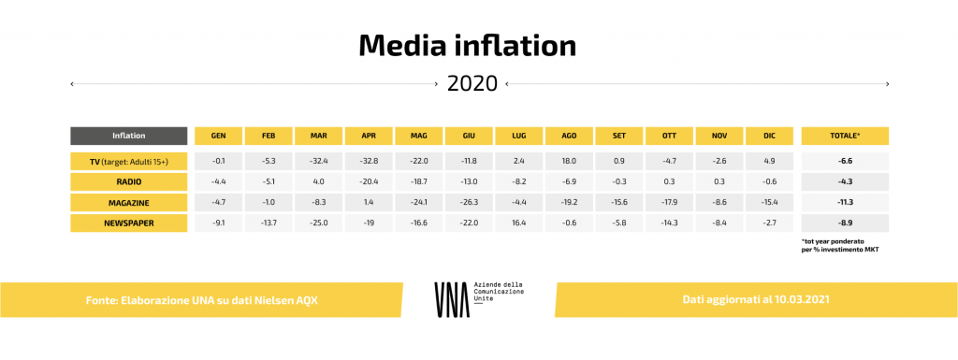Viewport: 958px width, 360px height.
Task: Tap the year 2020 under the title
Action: tap(472, 83)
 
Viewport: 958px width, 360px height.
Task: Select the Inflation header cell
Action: tap(129, 136)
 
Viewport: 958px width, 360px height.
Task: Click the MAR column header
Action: tap(318, 136)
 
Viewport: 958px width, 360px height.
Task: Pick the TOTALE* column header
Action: tap(845, 136)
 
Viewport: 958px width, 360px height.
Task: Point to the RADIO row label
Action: tap(129, 180)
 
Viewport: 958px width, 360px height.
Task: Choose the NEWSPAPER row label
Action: tap(129, 223)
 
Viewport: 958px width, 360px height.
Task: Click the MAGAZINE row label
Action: tap(129, 202)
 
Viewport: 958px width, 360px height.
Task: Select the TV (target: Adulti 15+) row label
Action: tap(129, 161)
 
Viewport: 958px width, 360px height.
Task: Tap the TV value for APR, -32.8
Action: tap(369, 161)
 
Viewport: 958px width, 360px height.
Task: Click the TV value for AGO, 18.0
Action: tap(569, 161)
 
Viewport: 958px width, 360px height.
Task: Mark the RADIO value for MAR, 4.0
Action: tap(318, 180)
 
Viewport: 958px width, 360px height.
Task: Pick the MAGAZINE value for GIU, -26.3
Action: tap(469, 202)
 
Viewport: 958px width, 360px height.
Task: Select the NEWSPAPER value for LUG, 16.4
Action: tap(518, 223)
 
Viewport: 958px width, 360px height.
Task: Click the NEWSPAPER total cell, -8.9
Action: tap(845, 223)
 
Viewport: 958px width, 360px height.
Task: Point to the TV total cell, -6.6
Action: tap(845, 161)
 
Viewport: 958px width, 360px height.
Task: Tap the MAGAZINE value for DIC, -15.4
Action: tap(769, 202)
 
